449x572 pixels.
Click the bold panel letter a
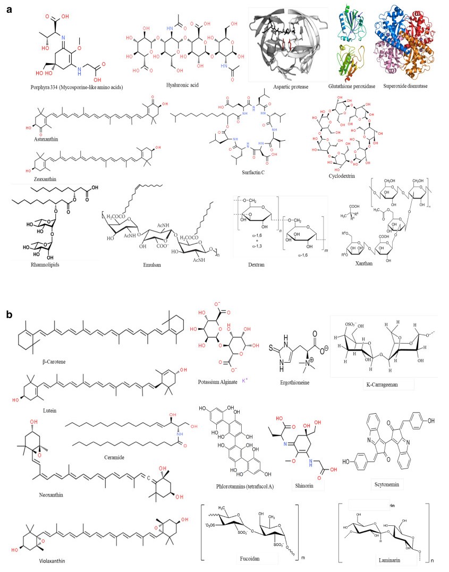pos(9,10)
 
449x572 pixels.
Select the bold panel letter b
pos(10,314)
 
